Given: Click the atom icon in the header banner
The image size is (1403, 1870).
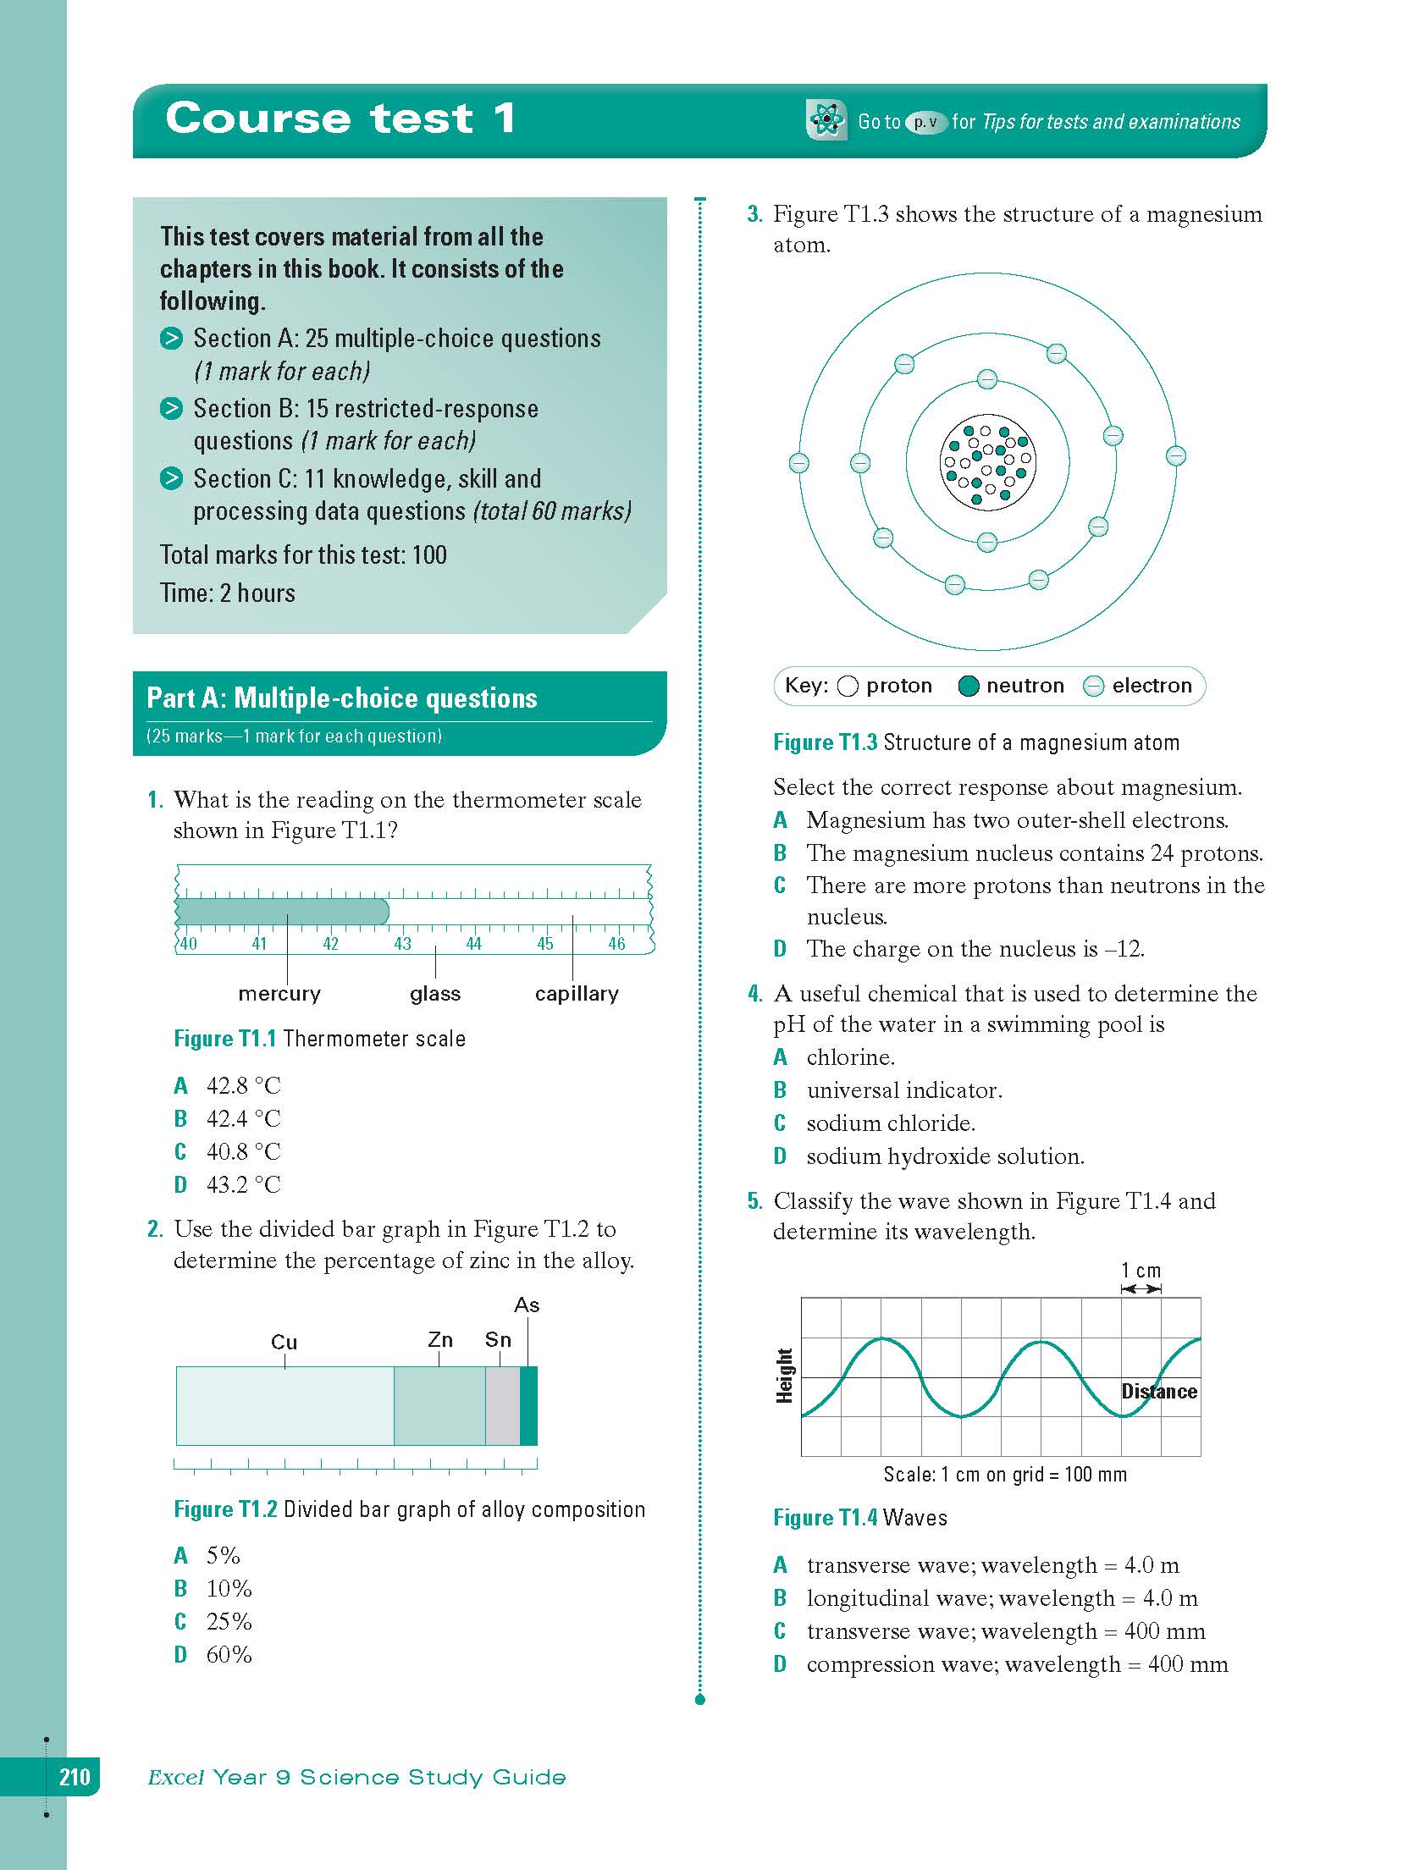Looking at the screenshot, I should [x=826, y=120].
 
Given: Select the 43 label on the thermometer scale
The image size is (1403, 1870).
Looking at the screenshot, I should [x=402, y=944].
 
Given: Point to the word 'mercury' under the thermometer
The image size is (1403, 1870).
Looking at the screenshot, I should [x=279, y=993].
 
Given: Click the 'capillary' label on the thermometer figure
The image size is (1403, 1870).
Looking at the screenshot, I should [x=577, y=993].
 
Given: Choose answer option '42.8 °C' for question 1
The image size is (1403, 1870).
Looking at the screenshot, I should [x=243, y=1085].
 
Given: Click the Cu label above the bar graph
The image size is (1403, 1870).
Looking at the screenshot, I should [x=284, y=1342].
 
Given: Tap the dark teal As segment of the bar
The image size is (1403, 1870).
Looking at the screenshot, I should [x=528, y=1405].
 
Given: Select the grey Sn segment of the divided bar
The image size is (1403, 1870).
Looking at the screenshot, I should [x=502, y=1405].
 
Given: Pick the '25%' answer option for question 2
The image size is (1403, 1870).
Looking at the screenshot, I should [x=229, y=1621].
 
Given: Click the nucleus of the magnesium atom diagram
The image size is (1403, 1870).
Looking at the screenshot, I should [x=987, y=462].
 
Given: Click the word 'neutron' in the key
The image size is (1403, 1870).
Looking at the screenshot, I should [x=1025, y=686].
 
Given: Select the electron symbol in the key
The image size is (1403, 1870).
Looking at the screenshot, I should [x=1094, y=687].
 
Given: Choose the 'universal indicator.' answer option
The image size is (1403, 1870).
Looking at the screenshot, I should [x=903, y=1090].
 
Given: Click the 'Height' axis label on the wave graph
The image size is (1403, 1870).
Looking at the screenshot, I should [x=785, y=1376].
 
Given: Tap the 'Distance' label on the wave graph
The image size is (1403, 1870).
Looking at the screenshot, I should [x=1159, y=1392].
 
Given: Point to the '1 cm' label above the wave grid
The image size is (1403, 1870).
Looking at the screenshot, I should [x=1141, y=1270].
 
